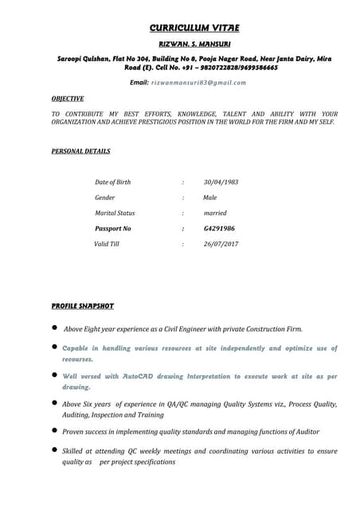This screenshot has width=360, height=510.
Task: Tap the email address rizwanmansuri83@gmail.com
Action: pos(198,82)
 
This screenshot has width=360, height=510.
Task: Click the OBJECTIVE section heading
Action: pos(68,99)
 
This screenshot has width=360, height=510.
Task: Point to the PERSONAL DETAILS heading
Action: pos(80,151)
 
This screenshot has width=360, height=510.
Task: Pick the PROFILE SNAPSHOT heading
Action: pos(83,306)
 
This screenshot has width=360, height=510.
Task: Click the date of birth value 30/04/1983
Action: pos(221,182)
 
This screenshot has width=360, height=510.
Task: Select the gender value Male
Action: pos(210,198)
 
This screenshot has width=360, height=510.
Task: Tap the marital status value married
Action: pos(215,213)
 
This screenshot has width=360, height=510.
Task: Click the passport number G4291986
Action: pos(219,229)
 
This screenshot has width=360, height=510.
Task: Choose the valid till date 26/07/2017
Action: pos(221,244)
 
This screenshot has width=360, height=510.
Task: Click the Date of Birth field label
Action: pos(112,182)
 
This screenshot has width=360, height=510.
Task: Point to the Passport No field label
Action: pos(112,229)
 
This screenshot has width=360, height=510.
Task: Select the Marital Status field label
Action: pos(115,213)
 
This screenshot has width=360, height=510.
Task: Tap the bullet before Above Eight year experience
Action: pos(54,328)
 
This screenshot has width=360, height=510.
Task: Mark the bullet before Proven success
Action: pos(54,430)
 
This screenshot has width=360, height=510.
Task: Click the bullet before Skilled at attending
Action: pos(54,451)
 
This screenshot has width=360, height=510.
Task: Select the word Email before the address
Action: pos(139,82)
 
